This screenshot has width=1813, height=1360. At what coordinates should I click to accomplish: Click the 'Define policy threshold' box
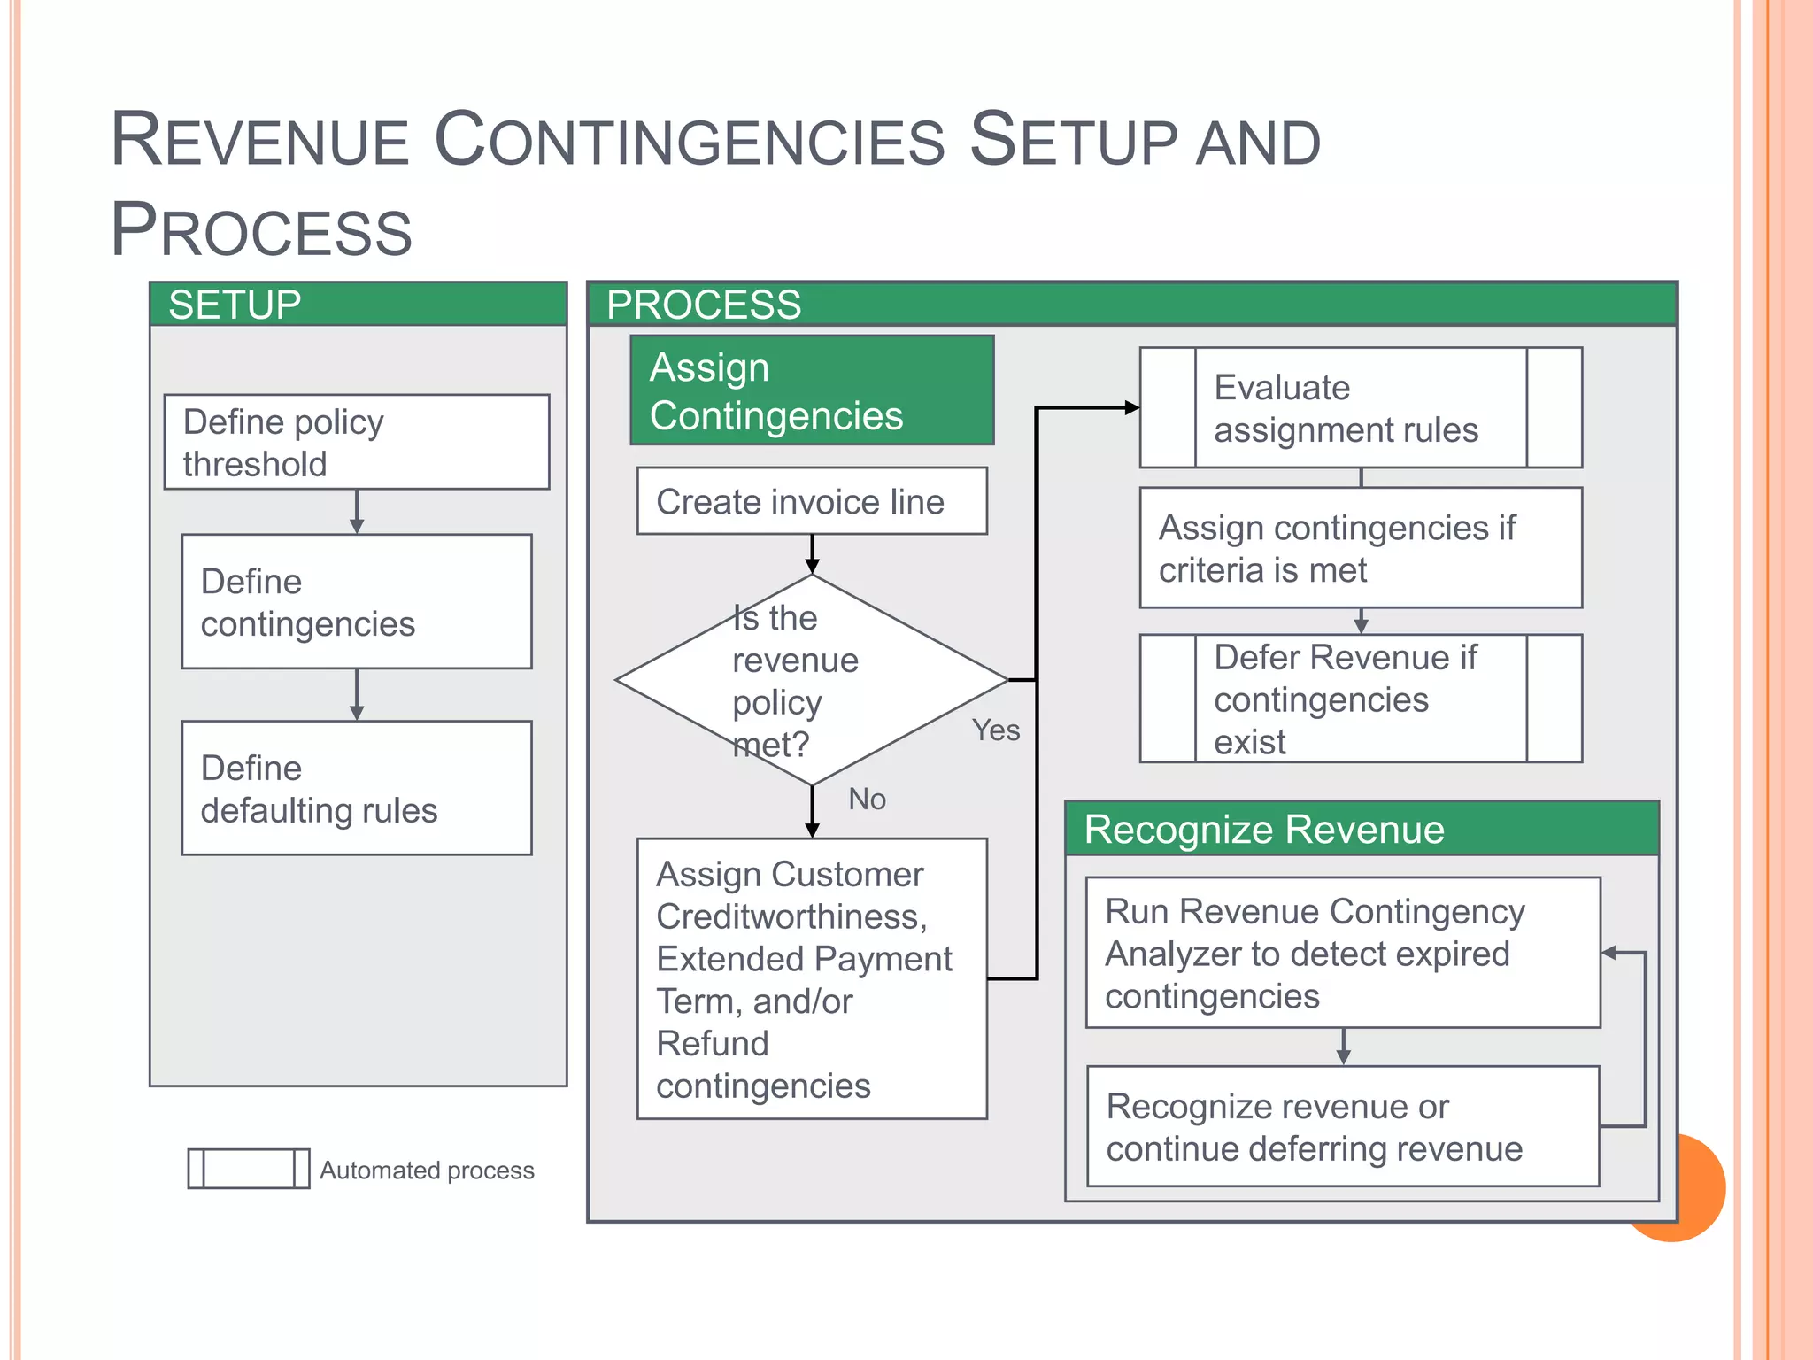tap(356, 442)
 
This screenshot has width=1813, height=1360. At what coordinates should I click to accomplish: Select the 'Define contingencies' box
tap(356, 601)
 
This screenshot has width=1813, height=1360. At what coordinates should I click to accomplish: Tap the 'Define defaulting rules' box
tap(356, 788)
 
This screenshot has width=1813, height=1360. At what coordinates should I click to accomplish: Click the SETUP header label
tap(235, 305)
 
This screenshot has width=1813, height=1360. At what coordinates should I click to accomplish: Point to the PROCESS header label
tap(703, 305)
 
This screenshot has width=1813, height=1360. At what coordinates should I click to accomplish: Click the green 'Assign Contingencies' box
tap(812, 390)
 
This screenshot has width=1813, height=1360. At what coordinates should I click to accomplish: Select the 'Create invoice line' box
tap(812, 501)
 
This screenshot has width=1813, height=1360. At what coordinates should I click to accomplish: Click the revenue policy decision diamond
tap(812, 680)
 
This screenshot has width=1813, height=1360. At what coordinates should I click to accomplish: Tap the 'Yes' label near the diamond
tap(995, 730)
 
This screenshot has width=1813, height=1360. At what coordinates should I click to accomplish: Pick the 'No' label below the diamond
tap(867, 800)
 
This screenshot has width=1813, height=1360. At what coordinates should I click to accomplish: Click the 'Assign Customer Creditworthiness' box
tap(812, 978)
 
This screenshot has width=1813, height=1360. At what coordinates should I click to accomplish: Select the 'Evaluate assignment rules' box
tap(1360, 408)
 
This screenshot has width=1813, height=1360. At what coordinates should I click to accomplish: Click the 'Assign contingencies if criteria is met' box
tap(1360, 548)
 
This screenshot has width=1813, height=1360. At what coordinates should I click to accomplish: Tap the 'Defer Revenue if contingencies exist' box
tap(1360, 699)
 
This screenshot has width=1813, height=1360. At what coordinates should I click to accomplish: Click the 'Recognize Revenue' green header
tap(1264, 830)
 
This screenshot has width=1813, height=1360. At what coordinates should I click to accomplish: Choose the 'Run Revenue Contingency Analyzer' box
tap(1342, 953)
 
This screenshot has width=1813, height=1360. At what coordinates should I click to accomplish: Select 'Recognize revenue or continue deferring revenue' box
tap(1342, 1126)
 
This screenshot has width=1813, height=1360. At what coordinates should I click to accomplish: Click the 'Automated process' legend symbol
tap(249, 1169)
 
